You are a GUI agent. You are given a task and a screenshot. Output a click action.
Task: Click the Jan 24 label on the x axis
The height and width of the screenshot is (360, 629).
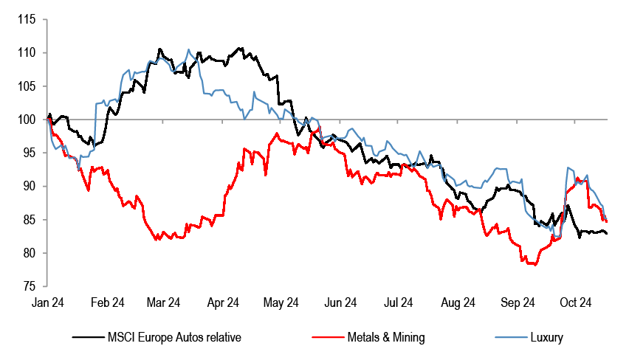47,302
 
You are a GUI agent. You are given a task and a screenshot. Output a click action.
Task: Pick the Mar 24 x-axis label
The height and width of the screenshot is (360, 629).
164,302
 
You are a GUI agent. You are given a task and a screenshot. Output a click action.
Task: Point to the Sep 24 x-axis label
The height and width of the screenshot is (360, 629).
518,302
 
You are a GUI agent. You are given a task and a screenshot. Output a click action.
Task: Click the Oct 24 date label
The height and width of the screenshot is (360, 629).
576,302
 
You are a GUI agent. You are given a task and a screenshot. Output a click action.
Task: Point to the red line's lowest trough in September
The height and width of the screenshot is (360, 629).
532,264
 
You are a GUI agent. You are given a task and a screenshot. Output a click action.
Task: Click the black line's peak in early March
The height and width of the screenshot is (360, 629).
159,49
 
